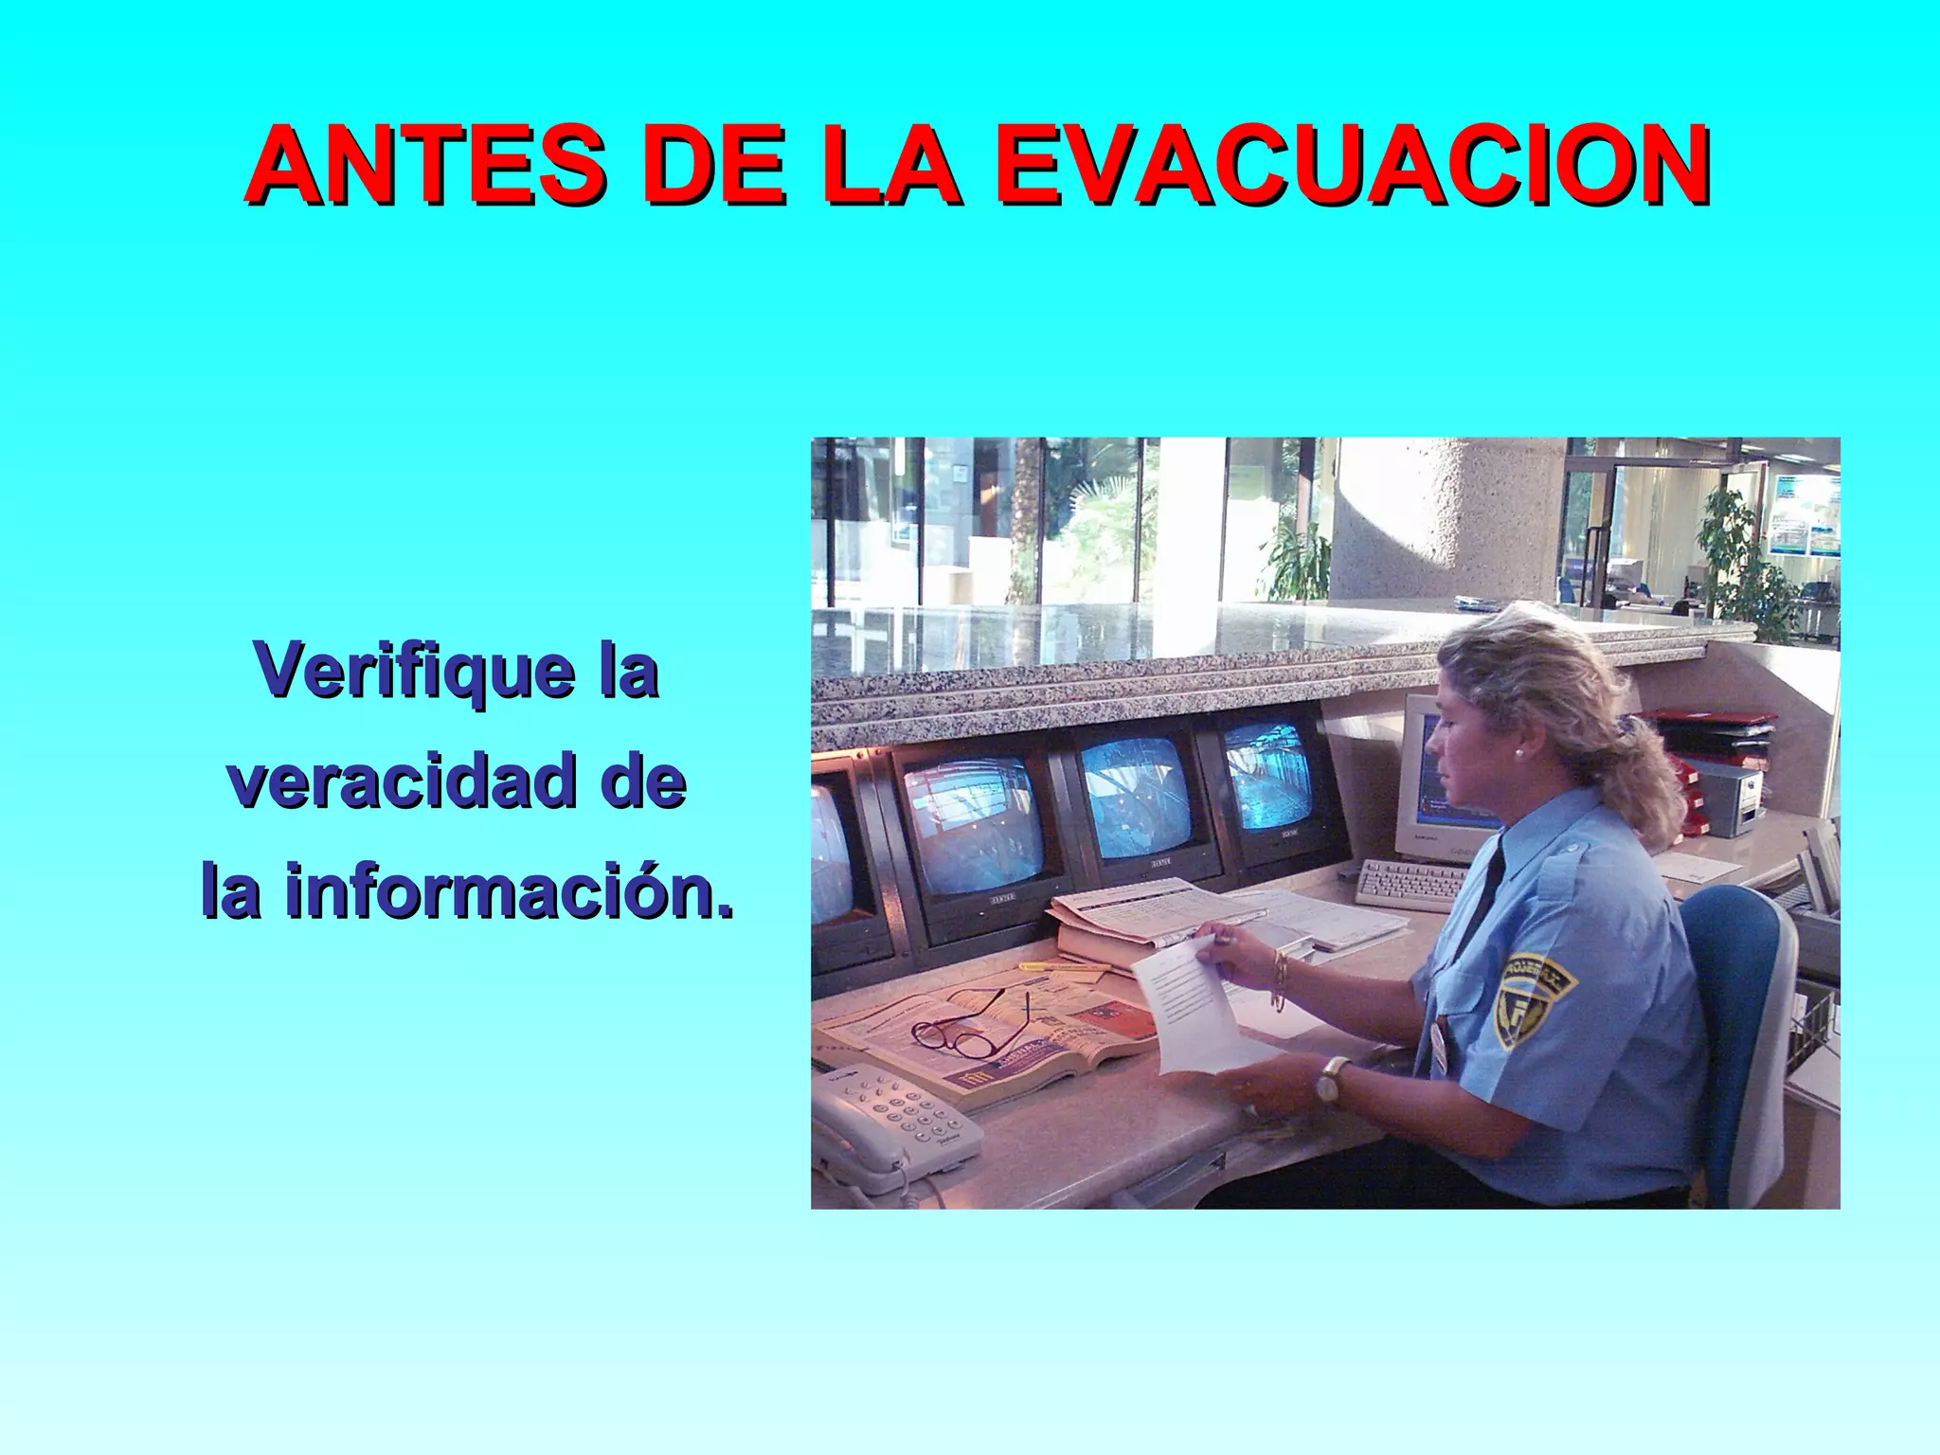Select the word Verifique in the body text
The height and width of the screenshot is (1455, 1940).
(x=414, y=671)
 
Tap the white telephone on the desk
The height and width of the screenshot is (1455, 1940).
(x=895, y=1127)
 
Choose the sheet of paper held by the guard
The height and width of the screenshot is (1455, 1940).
(x=1189, y=1009)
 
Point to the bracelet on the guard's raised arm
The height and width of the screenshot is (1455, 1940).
(x=1280, y=980)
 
